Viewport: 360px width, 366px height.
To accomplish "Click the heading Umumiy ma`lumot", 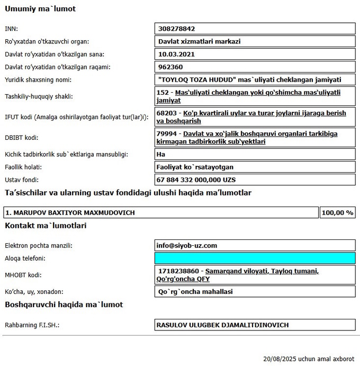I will point(40,9).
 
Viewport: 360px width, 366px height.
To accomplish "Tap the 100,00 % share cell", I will point(337,213).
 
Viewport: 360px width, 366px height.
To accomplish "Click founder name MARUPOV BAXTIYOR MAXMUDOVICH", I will point(70,213).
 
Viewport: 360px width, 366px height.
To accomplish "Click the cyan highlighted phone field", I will point(255,258).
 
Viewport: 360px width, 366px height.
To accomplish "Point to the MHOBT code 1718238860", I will point(178,271).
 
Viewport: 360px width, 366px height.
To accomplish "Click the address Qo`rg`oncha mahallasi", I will point(196,292).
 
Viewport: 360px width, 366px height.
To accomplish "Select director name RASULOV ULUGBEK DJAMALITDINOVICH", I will point(223,325).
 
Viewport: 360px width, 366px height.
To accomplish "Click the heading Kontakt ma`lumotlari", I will point(46,226).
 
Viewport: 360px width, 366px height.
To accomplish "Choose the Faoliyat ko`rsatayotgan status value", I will point(196,167).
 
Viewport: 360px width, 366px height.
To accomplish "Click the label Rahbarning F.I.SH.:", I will point(32,325).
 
